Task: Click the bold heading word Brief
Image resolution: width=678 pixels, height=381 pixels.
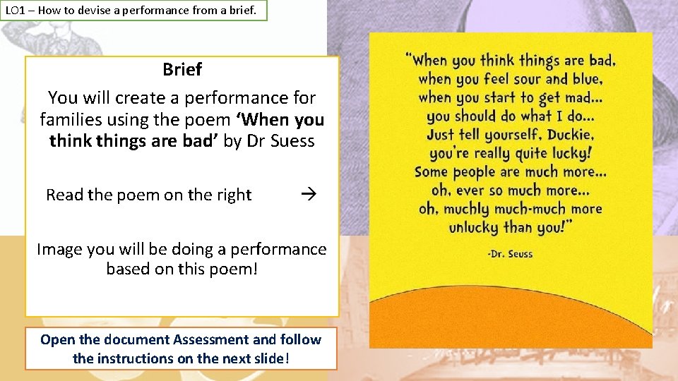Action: click(182, 70)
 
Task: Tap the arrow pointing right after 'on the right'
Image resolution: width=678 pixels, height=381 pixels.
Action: click(306, 194)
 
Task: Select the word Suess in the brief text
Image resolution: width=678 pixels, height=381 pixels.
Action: click(290, 140)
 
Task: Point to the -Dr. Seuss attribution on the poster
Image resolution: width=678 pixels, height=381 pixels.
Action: click(510, 254)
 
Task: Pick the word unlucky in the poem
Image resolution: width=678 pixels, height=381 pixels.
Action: click(474, 227)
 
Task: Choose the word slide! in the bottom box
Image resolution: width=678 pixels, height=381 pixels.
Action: click(268, 358)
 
